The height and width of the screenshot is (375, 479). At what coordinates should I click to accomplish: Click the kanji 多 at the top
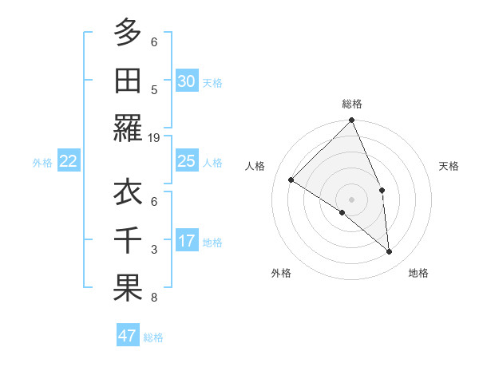tap(128, 33)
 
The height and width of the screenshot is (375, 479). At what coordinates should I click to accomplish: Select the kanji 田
tap(128, 81)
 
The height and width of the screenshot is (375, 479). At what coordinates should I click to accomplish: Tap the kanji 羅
tap(128, 128)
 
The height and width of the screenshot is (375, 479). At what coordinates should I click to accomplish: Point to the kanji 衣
tap(128, 192)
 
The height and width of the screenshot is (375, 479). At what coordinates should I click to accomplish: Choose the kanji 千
tap(128, 240)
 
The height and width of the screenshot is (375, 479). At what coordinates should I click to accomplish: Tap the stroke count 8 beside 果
tap(154, 298)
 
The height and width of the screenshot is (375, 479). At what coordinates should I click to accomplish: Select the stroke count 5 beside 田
tap(154, 90)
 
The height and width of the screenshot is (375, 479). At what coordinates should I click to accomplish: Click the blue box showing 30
tap(186, 81)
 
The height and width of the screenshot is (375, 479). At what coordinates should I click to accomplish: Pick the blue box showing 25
tap(186, 161)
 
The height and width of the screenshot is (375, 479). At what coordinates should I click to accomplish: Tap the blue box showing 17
tap(186, 241)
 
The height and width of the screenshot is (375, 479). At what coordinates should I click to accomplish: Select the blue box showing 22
tap(69, 161)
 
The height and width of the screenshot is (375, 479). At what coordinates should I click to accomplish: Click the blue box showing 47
tap(128, 336)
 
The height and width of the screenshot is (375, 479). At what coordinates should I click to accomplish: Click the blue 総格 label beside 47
tap(153, 337)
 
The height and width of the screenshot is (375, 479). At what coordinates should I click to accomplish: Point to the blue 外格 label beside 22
tap(42, 163)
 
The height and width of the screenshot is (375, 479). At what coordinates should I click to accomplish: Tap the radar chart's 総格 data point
tap(351, 121)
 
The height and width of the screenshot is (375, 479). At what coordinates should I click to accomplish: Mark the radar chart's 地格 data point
tap(390, 252)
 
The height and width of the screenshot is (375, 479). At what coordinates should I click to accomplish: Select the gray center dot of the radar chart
tap(351, 198)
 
